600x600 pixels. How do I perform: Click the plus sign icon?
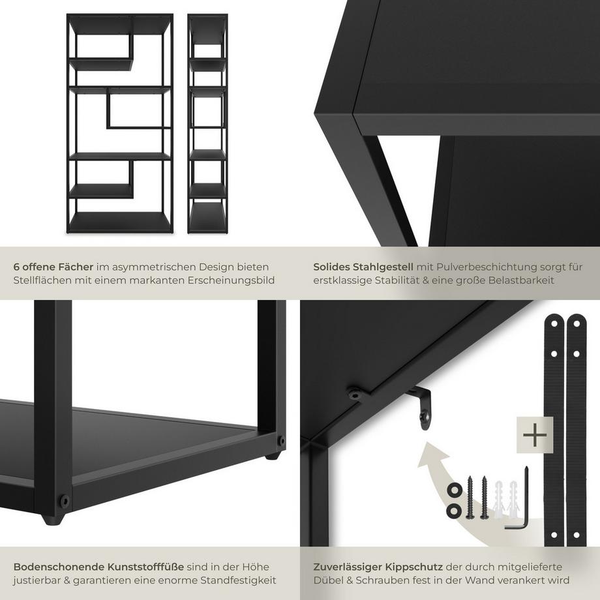(534, 435)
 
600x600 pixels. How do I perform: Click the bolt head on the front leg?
(64, 501)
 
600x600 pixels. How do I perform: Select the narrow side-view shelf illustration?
(207, 124)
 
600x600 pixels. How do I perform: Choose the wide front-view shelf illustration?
(120, 124)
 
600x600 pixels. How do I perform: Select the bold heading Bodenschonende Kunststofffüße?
(98, 567)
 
